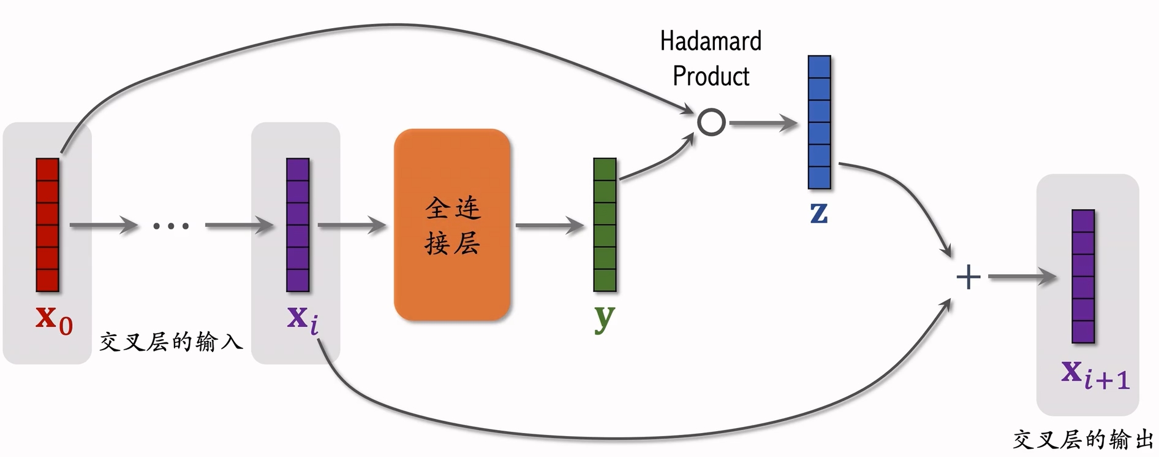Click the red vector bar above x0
coord(47,225)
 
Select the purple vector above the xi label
coord(298,225)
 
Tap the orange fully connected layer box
coord(452,225)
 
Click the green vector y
coord(605,225)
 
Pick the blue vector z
coord(819,122)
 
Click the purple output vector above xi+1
coord(1083,276)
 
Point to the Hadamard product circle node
coord(711,122)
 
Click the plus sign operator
coord(968,277)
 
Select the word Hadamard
coord(711,42)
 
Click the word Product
coord(711,77)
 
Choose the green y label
coord(604,318)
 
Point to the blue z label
coord(819,213)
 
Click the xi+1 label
coord(1095,374)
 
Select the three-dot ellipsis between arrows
coord(171,226)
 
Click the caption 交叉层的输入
coord(171,342)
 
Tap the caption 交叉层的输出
coord(1083,440)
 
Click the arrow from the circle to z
coord(763,123)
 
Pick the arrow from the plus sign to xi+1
coord(1022,277)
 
